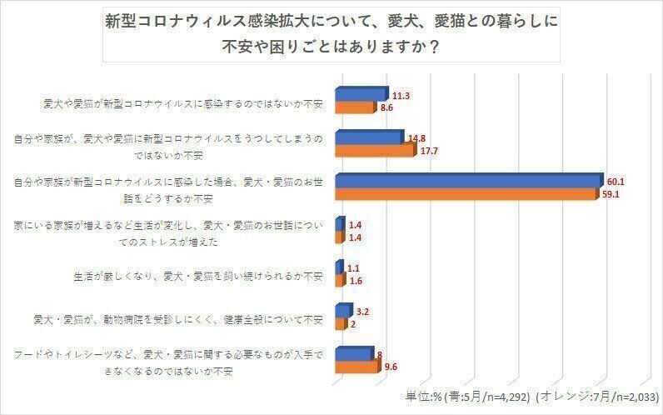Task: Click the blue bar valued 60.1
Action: [x=466, y=181]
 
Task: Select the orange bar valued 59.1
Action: [x=465, y=194]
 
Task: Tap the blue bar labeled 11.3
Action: [x=360, y=94]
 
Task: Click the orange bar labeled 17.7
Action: [x=373, y=151]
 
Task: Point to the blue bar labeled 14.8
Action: [x=367, y=137]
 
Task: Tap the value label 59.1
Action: [x=611, y=195]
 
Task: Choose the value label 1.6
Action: [x=355, y=281]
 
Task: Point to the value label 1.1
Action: [x=354, y=267]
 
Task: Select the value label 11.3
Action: [x=399, y=96]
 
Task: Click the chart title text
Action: [x=331, y=33]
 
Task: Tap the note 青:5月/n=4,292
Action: [x=486, y=396]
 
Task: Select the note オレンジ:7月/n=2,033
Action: [x=596, y=396]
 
